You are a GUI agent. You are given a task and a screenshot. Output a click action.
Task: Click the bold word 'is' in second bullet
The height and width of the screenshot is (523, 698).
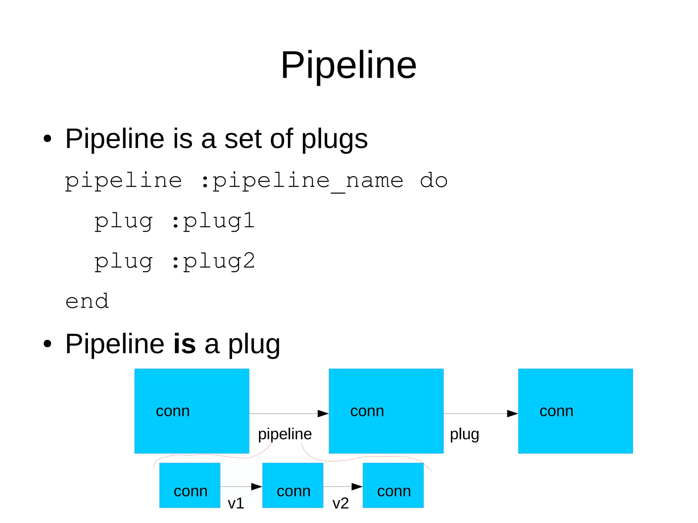tap(184, 343)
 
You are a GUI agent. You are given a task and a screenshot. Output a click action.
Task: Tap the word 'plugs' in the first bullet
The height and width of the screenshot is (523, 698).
tap(334, 139)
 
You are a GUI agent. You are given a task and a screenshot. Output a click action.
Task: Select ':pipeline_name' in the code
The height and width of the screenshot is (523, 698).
tap(302, 181)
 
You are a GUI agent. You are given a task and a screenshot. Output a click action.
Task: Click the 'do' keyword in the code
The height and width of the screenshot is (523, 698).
tap(433, 181)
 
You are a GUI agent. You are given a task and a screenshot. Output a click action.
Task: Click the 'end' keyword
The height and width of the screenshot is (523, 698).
tap(87, 302)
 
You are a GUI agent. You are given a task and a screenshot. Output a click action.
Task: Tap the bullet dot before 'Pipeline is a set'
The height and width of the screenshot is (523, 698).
tap(47, 139)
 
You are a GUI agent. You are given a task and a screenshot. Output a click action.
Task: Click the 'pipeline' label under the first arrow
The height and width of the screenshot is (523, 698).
tap(285, 434)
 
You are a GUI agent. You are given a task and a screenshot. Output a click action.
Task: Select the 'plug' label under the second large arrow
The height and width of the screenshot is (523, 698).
tap(464, 434)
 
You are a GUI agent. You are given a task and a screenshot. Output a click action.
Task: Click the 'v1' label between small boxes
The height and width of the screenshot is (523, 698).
tap(236, 503)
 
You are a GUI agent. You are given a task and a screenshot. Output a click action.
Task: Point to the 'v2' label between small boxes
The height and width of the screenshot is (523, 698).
tap(340, 503)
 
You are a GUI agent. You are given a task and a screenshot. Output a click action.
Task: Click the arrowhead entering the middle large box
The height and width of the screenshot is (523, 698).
tap(323, 414)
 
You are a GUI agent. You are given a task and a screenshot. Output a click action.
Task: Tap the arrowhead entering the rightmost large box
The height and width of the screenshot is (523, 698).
tap(512, 414)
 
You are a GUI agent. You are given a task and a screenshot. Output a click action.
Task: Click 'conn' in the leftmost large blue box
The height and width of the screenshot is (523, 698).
tap(173, 411)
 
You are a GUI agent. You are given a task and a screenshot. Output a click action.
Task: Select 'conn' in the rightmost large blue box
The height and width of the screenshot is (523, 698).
tap(556, 411)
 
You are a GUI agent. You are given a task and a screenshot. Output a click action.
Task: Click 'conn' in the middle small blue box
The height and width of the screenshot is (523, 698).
tap(293, 491)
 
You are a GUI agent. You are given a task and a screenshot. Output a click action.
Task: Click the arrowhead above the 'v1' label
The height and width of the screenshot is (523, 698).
tap(256, 487)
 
